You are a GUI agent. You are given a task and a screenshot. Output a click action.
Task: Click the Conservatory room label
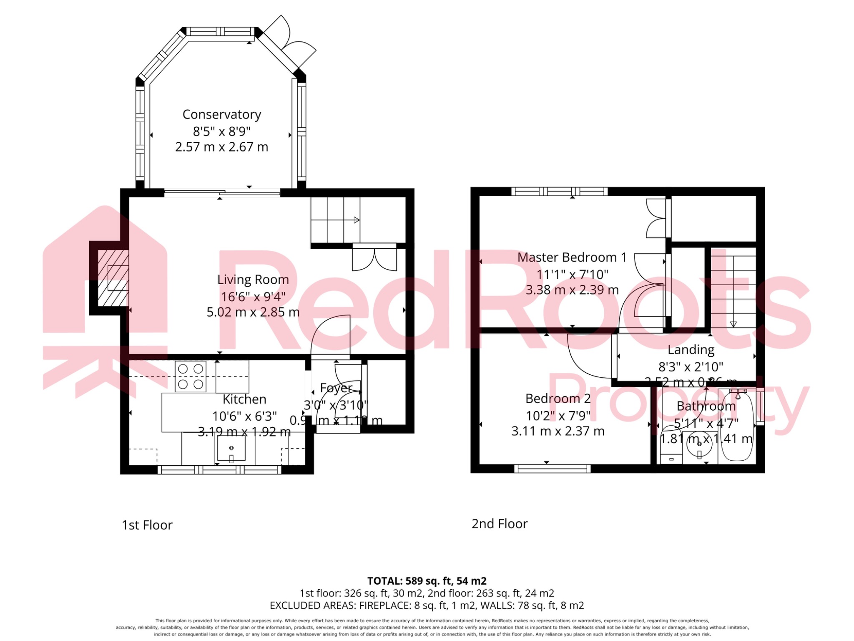[x=221, y=114]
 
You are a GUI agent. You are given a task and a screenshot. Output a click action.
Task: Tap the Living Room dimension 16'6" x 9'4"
[x=253, y=297]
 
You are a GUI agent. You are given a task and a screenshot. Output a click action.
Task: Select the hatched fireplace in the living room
[x=113, y=278]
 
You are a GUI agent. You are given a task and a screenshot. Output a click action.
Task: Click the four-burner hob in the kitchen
[x=191, y=376]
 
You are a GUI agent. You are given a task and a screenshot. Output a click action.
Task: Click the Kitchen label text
[x=244, y=399]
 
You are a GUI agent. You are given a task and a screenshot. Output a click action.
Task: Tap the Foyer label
[x=336, y=388]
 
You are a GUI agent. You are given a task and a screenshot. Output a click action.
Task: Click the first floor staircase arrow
[x=357, y=220]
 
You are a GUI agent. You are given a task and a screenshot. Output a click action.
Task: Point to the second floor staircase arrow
[x=733, y=324]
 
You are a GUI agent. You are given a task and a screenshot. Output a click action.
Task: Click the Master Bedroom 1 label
[x=572, y=257]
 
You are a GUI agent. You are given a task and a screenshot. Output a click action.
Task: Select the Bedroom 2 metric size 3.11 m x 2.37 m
[x=558, y=431]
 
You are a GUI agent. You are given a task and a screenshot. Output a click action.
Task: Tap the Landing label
[x=691, y=350]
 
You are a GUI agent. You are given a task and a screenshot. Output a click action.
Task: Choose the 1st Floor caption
[x=147, y=525]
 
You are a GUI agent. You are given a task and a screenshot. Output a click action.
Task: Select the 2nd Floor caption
[x=499, y=524]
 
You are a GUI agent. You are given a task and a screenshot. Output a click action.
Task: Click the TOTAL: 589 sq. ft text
[x=427, y=581]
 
